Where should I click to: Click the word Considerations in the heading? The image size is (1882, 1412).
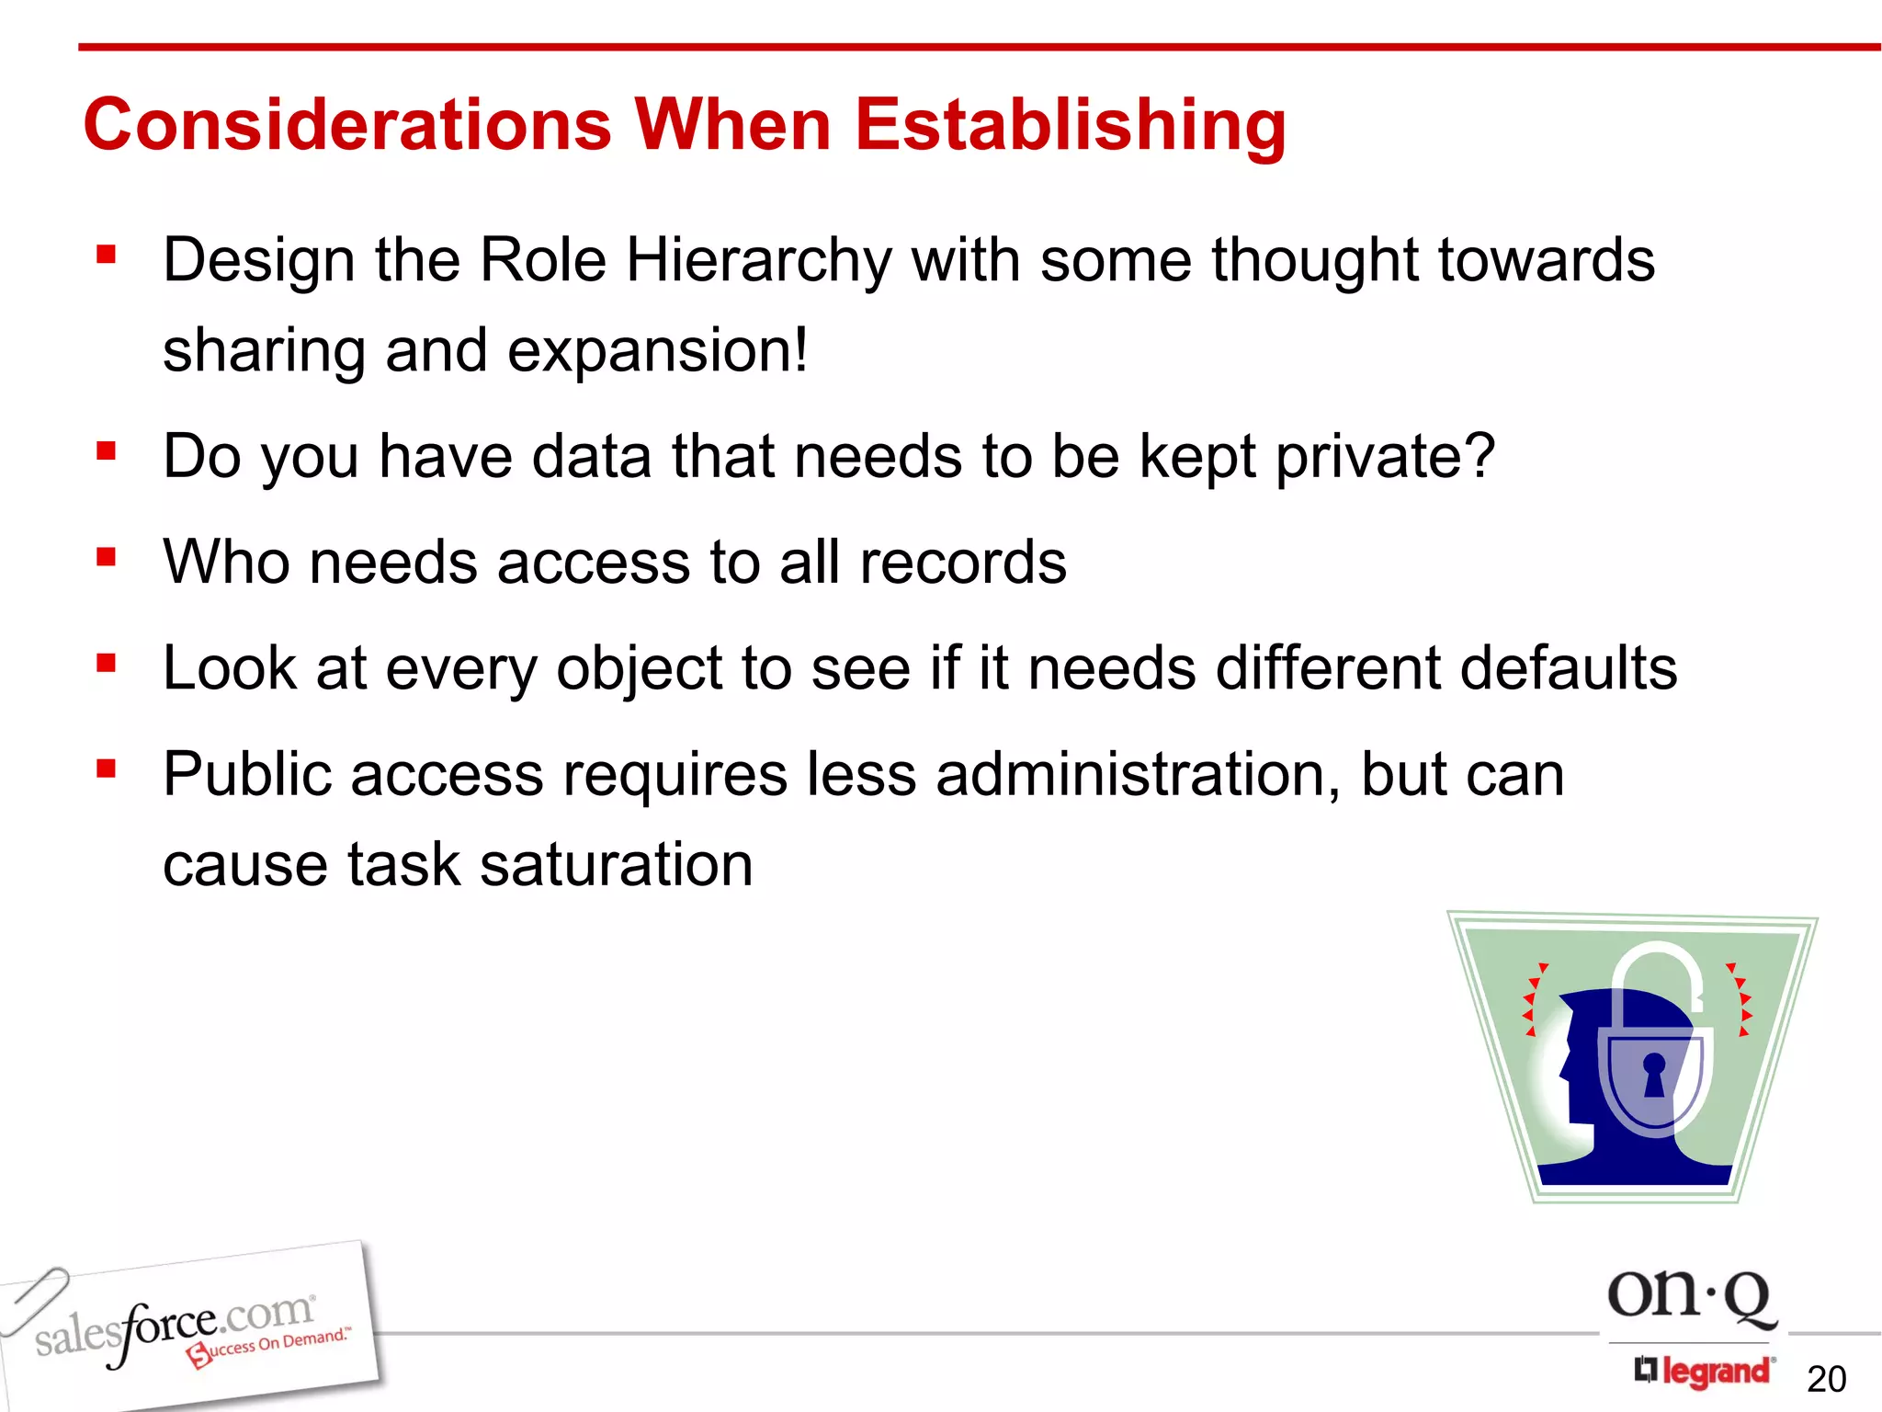point(347,125)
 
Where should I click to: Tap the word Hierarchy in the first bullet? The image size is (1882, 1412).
point(758,261)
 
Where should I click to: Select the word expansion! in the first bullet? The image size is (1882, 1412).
point(657,351)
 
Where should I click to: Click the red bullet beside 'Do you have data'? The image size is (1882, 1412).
point(107,451)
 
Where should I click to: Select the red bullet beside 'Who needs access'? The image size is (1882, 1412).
point(107,557)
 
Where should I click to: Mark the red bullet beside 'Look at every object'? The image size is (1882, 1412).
point(107,663)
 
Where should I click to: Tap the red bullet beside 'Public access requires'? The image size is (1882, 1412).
point(107,769)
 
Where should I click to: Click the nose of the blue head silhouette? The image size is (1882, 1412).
point(1565,1068)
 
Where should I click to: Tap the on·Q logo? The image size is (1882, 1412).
point(1690,1297)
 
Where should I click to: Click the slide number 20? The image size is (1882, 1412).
point(1826,1379)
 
